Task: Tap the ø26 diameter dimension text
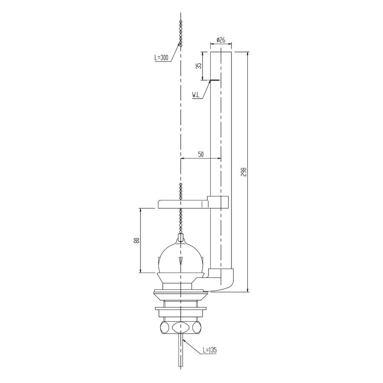[221, 40]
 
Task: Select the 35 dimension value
[198, 66]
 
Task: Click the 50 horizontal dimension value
[201, 155]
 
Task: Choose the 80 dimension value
[136, 240]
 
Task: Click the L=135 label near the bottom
[210, 350]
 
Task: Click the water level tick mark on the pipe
[215, 80]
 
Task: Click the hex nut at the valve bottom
[180, 328]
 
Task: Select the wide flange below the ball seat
[180, 293]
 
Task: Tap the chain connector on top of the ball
[181, 239]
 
